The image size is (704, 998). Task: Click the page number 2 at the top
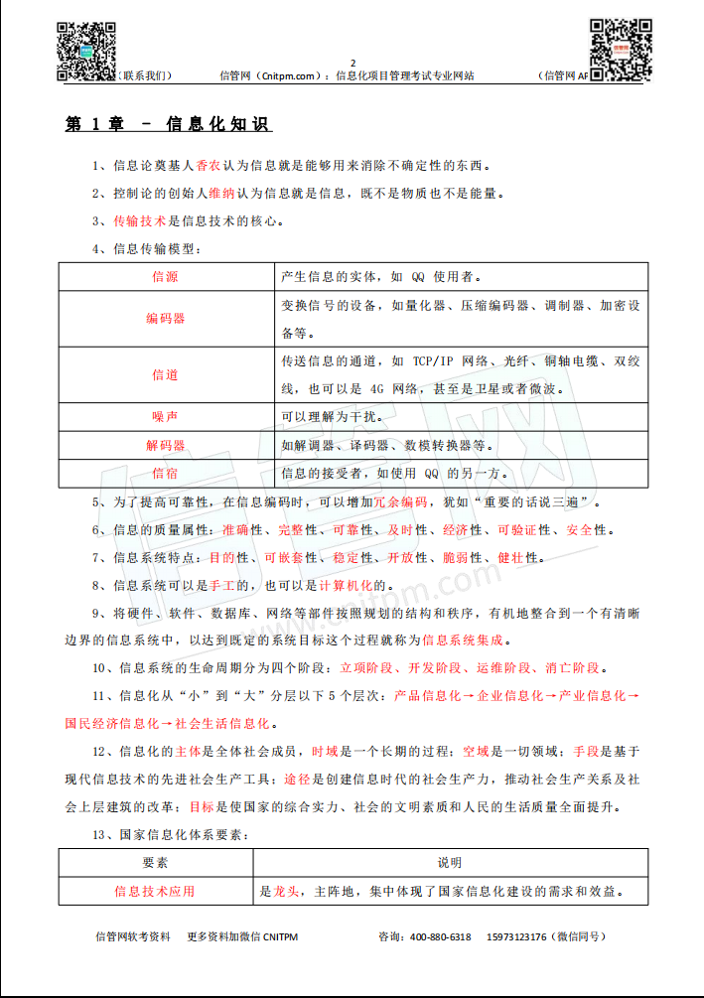[x=352, y=63]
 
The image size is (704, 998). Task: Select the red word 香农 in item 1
[x=208, y=165]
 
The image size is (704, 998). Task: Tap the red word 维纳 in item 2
[x=221, y=194]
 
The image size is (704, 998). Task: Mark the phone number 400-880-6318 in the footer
[x=440, y=936]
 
